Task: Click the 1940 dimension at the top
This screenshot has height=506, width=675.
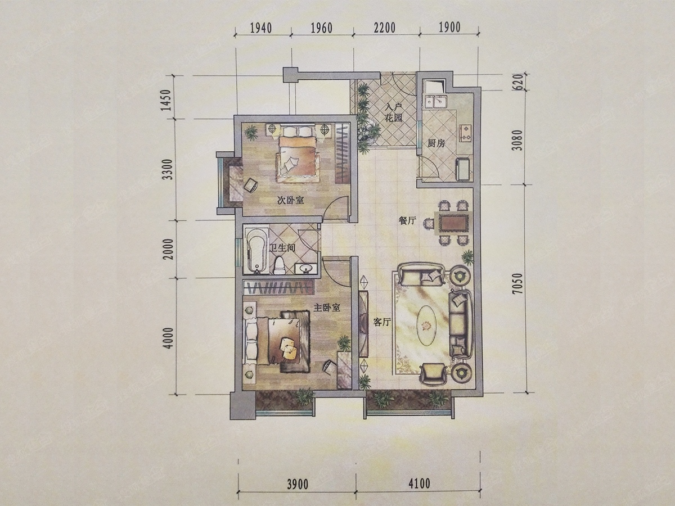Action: tap(261, 28)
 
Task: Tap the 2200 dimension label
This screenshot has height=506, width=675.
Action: tap(384, 28)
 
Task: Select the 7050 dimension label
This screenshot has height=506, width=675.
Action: tap(518, 283)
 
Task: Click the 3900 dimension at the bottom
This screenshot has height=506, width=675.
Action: tap(297, 485)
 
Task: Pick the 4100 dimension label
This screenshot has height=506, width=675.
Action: tap(418, 484)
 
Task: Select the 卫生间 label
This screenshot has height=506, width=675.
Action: tap(282, 249)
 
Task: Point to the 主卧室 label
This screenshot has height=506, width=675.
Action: tap(327, 308)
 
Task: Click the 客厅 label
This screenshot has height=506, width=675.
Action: tap(382, 322)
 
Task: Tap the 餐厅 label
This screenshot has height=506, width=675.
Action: tap(407, 220)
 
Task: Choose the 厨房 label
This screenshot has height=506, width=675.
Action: tap(436, 143)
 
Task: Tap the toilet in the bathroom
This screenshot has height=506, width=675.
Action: tap(279, 266)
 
